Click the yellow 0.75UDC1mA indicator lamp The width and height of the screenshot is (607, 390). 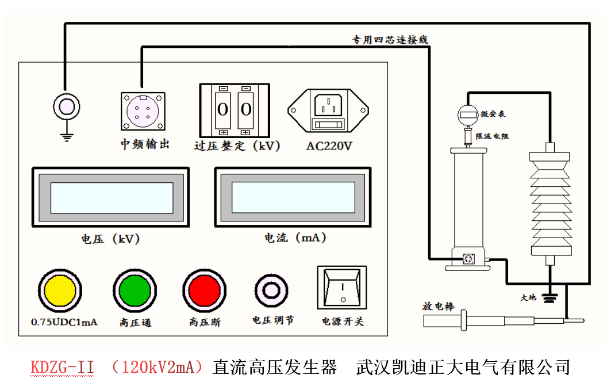coord(60,289)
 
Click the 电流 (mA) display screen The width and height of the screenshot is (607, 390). coord(293,198)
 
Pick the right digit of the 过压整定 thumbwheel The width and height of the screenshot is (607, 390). coord(246,109)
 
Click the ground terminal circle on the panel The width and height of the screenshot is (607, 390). coord(66,106)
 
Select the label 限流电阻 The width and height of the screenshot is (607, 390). coord(492,136)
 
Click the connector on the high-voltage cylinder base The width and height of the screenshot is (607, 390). coord(469,260)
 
